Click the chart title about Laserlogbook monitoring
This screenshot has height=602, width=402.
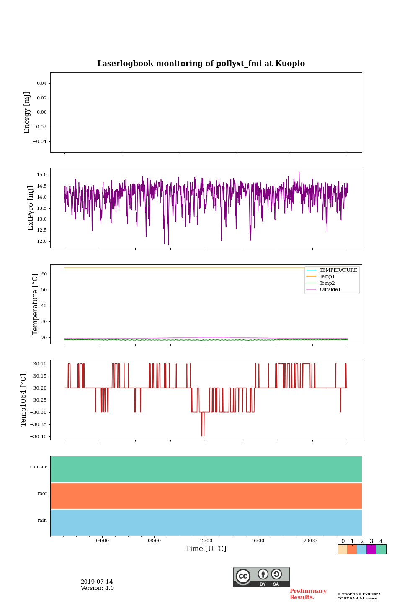click(201, 64)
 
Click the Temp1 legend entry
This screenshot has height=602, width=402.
click(327, 277)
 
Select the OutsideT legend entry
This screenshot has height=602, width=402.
click(330, 290)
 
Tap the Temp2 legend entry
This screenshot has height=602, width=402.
click(327, 283)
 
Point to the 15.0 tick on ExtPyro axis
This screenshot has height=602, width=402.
click(42, 175)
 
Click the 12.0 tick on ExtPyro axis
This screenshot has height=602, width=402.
click(42, 242)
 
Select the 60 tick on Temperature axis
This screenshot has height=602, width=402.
click(44, 274)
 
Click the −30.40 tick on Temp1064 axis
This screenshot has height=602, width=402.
click(39, 437)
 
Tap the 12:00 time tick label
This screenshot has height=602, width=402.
click(206, 541)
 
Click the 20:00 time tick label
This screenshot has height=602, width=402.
click(310, 541)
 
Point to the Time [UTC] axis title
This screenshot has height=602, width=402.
click(206, 549)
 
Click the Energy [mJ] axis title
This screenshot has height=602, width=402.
click(27, 112)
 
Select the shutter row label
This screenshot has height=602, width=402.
click(39, 467)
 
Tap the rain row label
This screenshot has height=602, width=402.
click(42, 520)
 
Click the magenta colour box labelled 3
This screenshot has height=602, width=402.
click(371, 549)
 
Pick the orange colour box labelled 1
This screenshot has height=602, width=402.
click(352, 549)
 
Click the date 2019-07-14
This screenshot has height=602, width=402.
click(97, 582)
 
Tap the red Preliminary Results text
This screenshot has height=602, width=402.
click(308, 594)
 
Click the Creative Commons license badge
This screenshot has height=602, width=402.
click(261, 577)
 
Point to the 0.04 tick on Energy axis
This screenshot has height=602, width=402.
click(41, 84)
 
